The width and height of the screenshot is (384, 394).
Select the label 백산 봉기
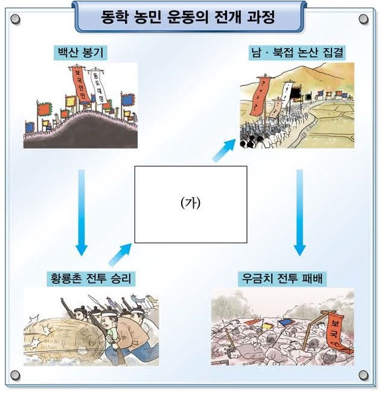[x=79, y=52]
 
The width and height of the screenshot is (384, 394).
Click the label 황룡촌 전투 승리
[x=91, y=279]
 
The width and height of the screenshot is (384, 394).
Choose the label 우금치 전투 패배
[x=283, y=279]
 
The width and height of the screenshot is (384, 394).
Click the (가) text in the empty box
[x=190, y=203]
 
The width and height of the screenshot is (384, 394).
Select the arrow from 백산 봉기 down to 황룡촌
[x=82, y=211]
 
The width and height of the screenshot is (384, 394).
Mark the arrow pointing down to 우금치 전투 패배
[x=299, y=211]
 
